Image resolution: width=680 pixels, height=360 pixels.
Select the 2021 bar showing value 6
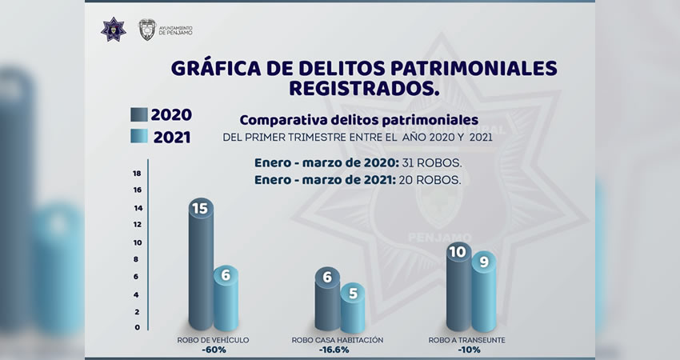[x=226, y=300]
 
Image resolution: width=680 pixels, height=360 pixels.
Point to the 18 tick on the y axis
[x=137, y=173]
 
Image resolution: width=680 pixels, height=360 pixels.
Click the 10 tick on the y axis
[x=137, y=242]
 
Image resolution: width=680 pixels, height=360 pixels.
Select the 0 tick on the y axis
[x=137, y=327]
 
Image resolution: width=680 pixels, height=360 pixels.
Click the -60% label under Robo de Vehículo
[x=214, y=350]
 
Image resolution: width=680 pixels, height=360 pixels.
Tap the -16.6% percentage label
[x=338, y=350]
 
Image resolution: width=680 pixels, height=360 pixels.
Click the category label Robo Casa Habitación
[x=338, y=340]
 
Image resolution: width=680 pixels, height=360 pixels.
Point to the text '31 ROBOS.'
[x=433, y=163]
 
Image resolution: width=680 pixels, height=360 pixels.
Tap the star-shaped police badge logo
[x=113, y=30]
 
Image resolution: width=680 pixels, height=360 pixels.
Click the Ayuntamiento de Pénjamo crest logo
[x=146, y=30]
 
